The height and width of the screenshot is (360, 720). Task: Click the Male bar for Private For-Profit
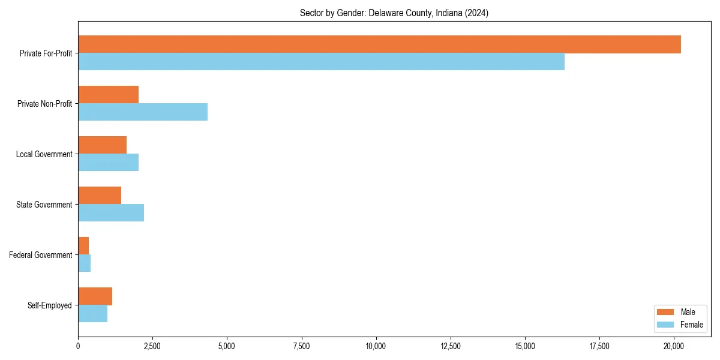point(379,44)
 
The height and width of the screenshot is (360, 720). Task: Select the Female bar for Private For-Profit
point(321,62)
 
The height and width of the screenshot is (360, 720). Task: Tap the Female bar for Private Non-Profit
point(143,112)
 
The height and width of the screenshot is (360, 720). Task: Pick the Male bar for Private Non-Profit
point(108,95)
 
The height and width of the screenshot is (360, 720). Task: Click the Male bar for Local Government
point(102,145)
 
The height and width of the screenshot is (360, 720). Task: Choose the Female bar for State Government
point(111,213)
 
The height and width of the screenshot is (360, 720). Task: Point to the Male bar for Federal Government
point(83,246)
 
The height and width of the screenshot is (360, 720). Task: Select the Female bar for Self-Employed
point(92,314)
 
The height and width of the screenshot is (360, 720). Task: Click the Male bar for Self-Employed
point(95,296)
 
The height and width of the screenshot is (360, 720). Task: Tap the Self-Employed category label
point(50,305)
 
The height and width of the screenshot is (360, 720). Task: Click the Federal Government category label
point(41,255)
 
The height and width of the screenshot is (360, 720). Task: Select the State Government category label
point(44,205)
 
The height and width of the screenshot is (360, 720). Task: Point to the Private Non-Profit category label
point(45,104)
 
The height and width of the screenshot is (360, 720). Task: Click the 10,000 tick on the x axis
point(376,346)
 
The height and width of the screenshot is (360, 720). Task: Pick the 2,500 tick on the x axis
point(152,346)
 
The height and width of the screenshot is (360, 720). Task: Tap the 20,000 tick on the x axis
point(674,346)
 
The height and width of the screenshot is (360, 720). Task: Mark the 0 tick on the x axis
point(78,346)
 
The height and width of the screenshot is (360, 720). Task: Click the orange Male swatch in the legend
point(666,312)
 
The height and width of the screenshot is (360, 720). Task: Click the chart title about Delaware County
point(394,13)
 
